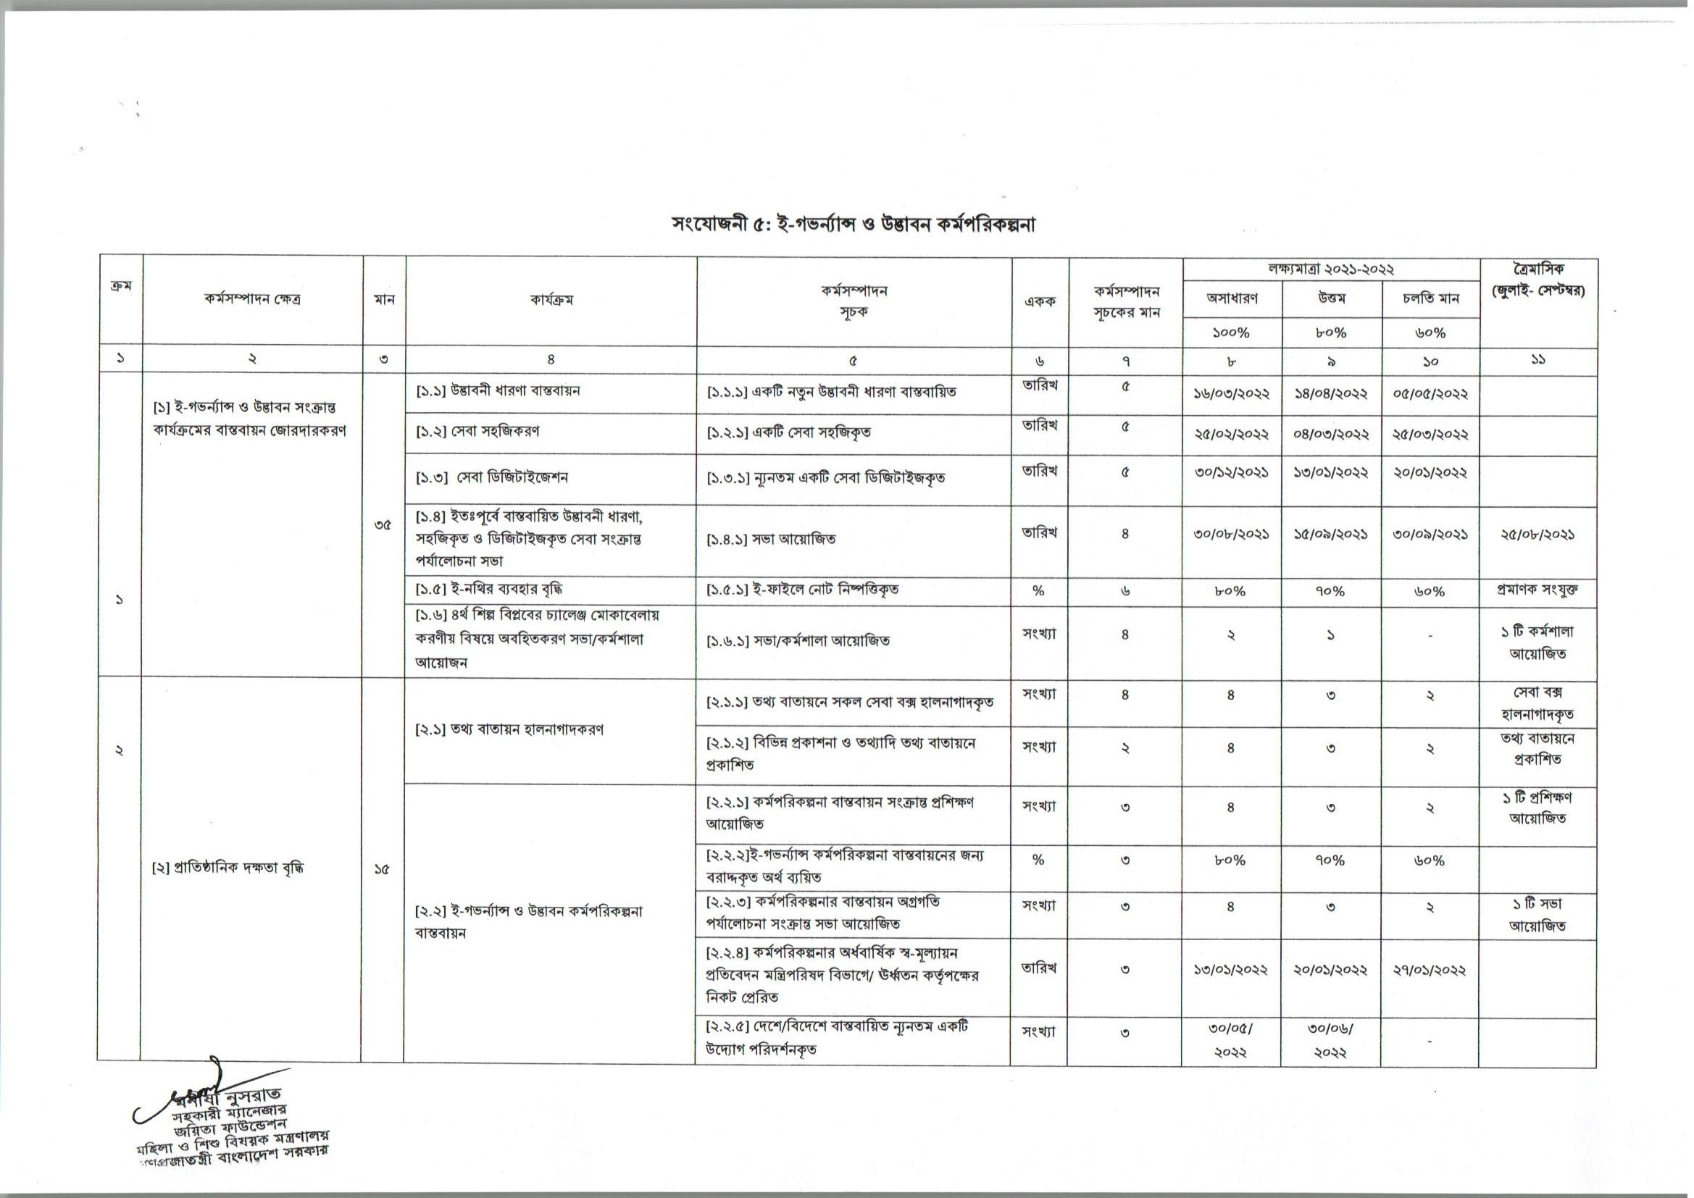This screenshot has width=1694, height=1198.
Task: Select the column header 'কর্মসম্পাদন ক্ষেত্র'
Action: [x=252, y=301]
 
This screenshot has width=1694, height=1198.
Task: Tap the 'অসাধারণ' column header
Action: [x=1232, y=298]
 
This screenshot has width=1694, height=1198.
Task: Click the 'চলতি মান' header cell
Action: [x=1430, y=298]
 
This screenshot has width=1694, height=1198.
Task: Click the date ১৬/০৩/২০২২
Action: [x=1232, y=394]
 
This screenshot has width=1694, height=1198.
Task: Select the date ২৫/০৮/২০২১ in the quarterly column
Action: [x=1538, y=535]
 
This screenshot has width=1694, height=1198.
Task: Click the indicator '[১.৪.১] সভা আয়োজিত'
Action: [x=772, y=540]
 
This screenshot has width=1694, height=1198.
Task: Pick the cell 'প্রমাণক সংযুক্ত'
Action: [x=1538, y=591]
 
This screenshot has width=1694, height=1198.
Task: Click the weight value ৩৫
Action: [x=383, y=527]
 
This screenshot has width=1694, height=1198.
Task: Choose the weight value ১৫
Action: [x=382, y=870]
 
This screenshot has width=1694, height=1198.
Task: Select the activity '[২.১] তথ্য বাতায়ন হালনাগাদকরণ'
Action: [x=510, y=730]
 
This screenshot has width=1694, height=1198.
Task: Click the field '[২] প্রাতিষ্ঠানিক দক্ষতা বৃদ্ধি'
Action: [x=228, y=868]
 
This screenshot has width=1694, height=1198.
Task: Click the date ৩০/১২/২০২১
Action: [x=1232, y=473]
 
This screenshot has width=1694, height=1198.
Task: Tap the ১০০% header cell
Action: [x=1232, y=332]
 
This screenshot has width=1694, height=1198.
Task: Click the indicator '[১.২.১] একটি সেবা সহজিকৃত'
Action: [x=789, y=432]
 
